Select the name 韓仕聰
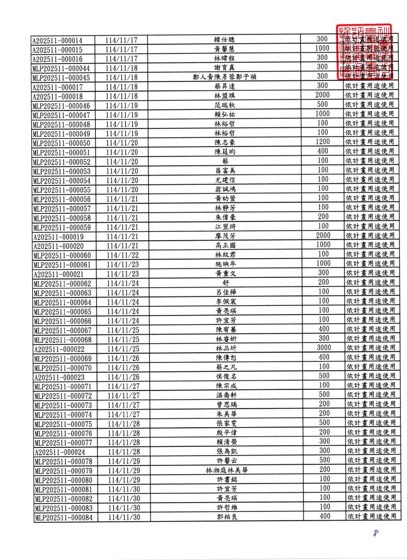point(225,40)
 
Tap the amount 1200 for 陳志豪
point(323,142)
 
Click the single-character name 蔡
point(225,161)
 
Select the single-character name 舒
point(225,283)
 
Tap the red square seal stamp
point(365,51)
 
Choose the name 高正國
point(225,245)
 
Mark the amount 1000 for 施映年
point(323,264)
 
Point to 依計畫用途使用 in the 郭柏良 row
point(370,516)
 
